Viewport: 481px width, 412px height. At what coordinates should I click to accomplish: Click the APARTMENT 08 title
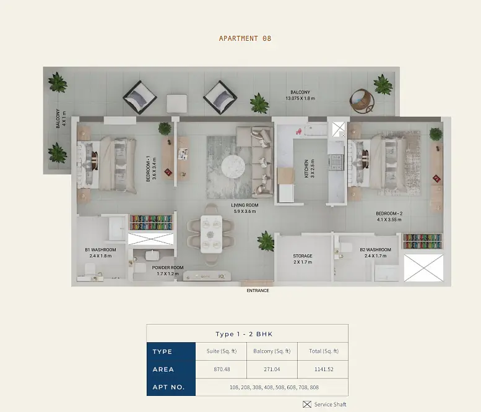[245, 38]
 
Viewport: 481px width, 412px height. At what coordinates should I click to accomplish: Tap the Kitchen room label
[310, 168]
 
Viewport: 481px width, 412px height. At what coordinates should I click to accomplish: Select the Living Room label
[245, 208]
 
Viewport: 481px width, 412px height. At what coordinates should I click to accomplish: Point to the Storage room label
[303, 259]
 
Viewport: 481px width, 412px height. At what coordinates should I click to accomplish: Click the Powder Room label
[168, 270]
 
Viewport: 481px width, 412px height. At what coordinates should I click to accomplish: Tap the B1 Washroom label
[101, 252]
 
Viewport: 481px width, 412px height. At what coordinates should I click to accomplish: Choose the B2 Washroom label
[376, 252]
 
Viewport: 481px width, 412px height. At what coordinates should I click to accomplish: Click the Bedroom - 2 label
[389, 217]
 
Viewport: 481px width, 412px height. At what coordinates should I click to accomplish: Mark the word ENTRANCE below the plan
[258, 291]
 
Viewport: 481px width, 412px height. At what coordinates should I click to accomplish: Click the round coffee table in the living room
[233, 167]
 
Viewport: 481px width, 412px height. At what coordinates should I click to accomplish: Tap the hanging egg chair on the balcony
[362, 101]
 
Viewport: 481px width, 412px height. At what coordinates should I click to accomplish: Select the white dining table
[211, 234]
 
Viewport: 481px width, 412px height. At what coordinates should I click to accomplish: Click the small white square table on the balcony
[177, 103]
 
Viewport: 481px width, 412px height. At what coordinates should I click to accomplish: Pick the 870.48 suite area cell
[222, 369]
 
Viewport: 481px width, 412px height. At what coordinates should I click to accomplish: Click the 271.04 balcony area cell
[272, 369]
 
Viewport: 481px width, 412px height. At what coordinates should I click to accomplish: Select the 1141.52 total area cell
[324, 369]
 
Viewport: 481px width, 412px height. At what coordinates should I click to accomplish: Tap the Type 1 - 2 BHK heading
[244, 334]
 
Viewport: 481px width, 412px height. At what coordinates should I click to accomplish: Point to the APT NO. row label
[169, 387]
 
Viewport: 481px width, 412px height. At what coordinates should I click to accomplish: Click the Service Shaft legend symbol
[307, 405]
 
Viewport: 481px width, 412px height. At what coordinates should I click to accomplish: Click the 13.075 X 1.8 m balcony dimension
[300, 98]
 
